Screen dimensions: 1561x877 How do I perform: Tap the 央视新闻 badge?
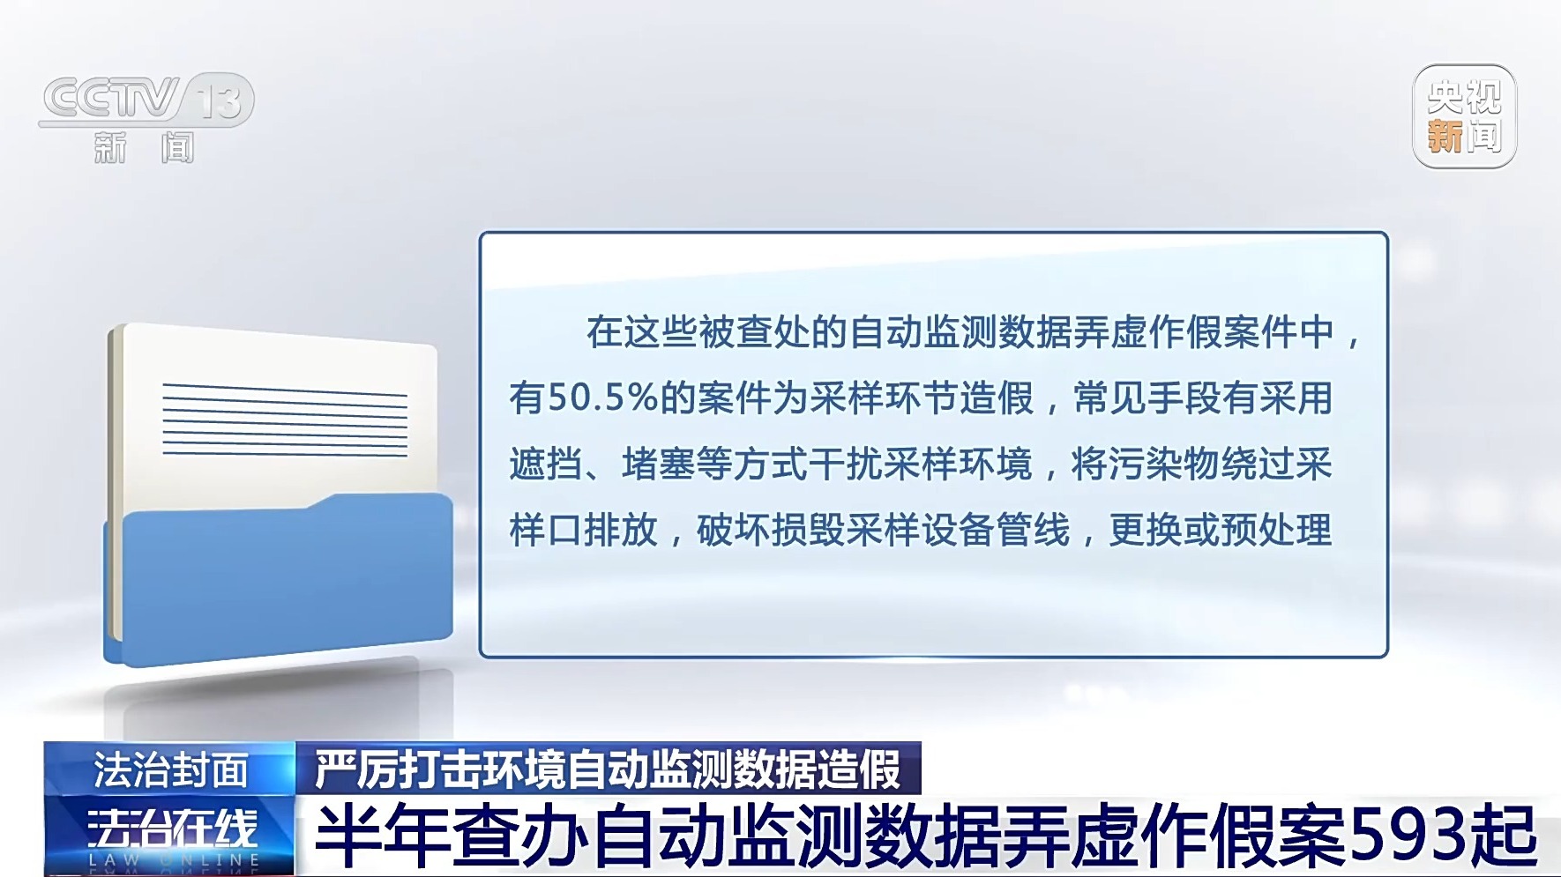tap(1464, 116)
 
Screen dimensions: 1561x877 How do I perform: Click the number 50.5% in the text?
tap(603, 398)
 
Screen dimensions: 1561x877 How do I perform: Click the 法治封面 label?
tap(171, 769)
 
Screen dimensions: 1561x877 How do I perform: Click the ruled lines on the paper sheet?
tap(285, 420)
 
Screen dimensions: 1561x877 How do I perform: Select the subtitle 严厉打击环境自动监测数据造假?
tap(609, 769)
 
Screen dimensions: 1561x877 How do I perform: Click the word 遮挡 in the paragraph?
tap(546, 464)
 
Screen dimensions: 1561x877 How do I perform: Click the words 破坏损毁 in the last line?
tap(770, 530)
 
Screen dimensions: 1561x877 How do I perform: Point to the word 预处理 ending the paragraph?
tap(1276, 530)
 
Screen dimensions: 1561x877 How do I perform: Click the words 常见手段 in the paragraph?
tap(1146, 398)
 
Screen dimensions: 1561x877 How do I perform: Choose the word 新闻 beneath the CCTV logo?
tap(144, 147)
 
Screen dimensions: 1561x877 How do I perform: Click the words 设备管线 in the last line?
tap(996, 530)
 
